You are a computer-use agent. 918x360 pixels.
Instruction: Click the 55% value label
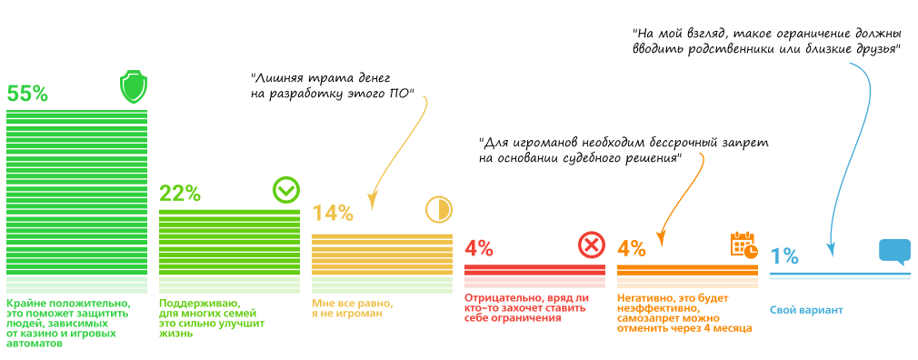(x=27, y=94)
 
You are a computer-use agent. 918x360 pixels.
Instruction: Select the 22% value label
(x=179, y=193)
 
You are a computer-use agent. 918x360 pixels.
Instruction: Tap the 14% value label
(x=332, y=213)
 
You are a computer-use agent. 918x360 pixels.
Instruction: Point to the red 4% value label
(x=478, y=247)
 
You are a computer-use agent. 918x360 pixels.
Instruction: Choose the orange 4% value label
(x=631, y=247)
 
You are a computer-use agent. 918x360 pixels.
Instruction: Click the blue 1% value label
(x=783, y=256)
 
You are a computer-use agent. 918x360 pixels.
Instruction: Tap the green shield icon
(x=134, y=88)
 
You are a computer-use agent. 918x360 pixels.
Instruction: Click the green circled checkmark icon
(x=285, y=190)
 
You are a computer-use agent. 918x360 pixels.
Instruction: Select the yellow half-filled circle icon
(x=438, y=210)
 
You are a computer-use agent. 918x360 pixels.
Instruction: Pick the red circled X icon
(x=591, y=245)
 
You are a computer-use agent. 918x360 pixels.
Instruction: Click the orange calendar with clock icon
(x=743, y=245)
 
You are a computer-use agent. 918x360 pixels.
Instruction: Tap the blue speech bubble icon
(x=894, y=252)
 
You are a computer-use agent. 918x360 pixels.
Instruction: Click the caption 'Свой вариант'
(x=806, y=310)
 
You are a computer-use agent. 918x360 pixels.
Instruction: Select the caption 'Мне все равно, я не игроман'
(x=353, y=309)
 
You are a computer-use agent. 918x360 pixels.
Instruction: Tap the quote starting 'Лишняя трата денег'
(x=333, y=85)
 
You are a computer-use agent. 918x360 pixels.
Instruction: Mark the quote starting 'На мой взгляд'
(x=767, y=41)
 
